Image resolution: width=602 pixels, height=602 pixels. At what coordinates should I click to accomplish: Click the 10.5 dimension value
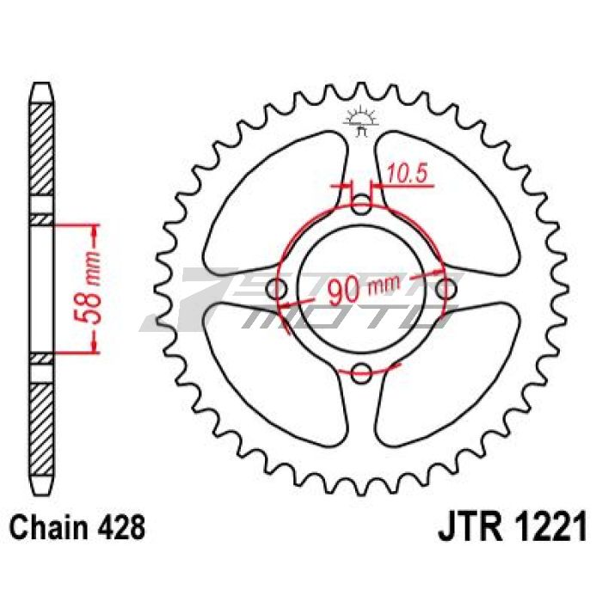point(408,173)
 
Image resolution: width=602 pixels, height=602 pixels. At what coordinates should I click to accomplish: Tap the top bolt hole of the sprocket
point(362,206)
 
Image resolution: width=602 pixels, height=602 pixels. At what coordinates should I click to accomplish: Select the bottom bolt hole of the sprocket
point(362,372)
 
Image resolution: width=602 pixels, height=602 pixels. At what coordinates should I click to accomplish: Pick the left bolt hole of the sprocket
point(278,289)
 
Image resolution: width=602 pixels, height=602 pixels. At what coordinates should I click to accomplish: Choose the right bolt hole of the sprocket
point(445,289)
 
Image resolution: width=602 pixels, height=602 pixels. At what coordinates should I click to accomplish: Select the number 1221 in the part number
point(543,525)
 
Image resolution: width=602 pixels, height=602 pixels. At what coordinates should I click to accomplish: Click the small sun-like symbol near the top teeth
point(360,123)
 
